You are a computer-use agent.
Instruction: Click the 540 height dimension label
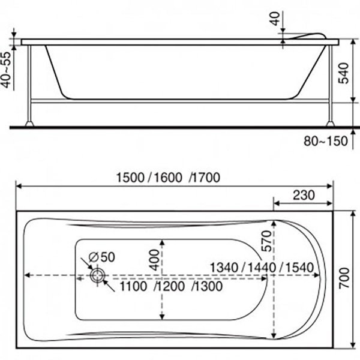(x=344, y=73)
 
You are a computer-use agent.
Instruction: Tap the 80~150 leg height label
(x=326, y=141)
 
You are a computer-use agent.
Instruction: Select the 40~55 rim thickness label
(x=7, y=70)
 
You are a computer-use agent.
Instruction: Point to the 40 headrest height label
(x=275, y=19)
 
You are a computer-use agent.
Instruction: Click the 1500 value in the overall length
(x=130, y=178)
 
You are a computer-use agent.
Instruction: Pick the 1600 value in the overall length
(x=168, y=178)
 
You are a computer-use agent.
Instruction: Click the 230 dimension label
(x=304, y=195)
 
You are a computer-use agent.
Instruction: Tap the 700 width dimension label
(x=344, y=278)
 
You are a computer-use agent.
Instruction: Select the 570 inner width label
(x=266, y=241)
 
